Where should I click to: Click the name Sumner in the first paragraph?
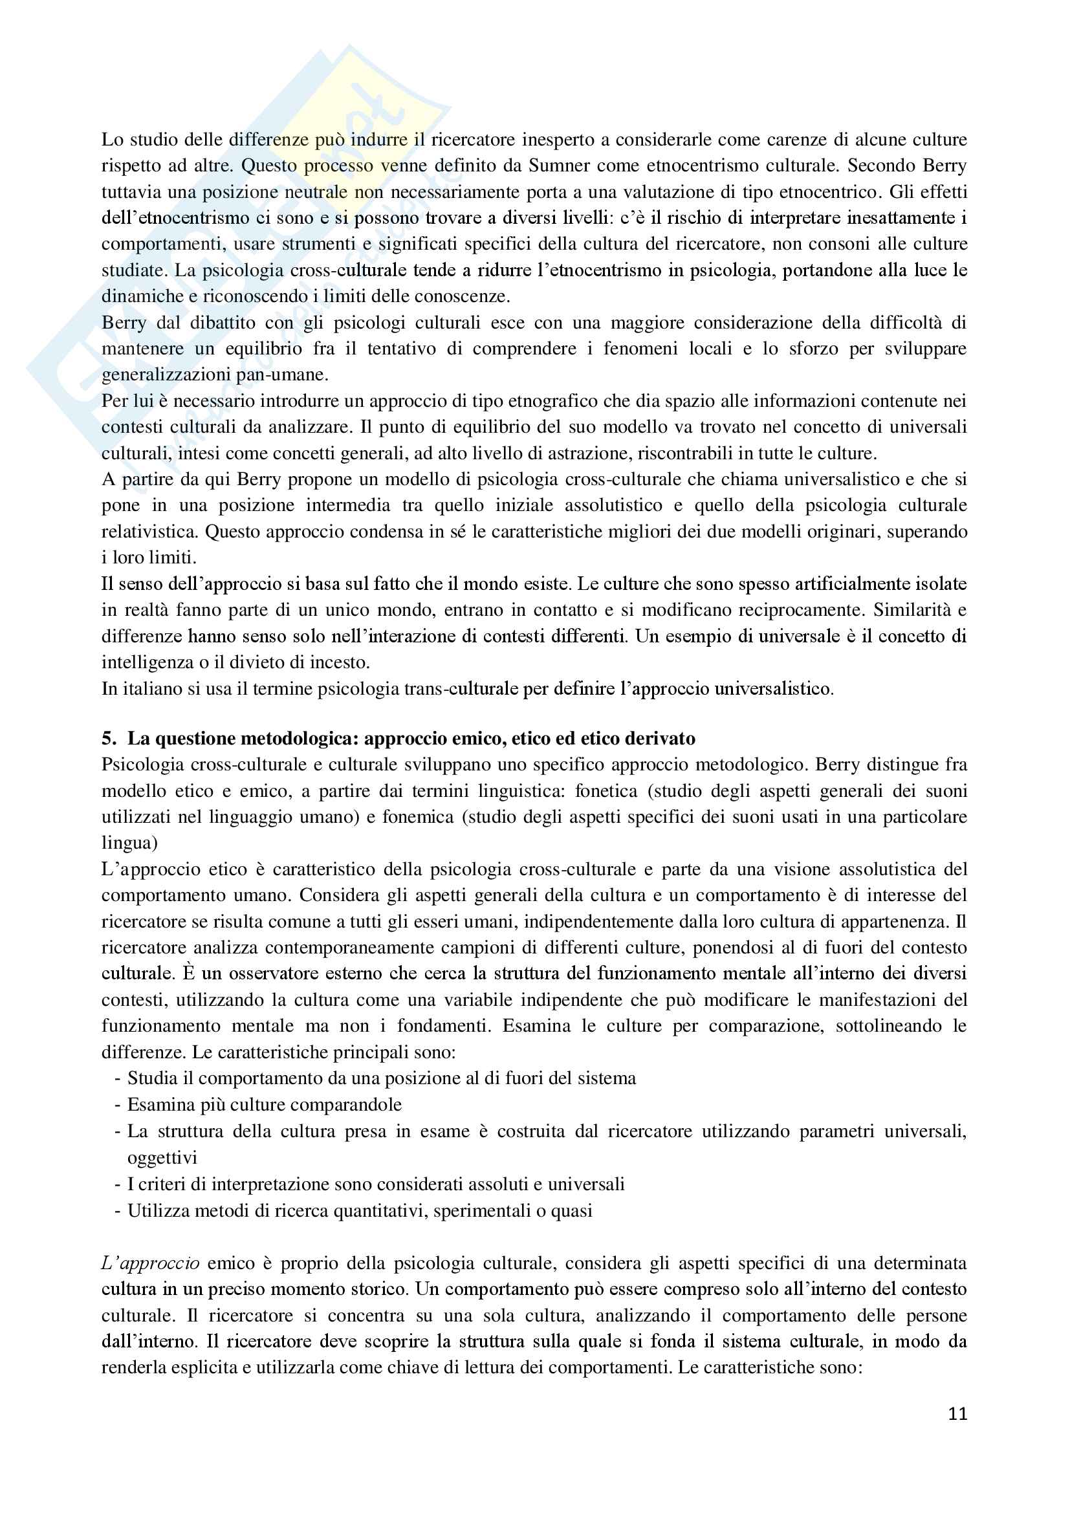[558, 166]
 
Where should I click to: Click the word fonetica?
[606, 790]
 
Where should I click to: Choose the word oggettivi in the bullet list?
[162, 1158]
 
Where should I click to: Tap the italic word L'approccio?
[150, 1263]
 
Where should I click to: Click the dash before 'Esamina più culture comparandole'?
[118, 1105]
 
